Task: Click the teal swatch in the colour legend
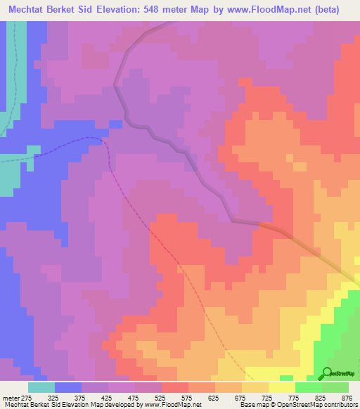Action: (x=41, y=387)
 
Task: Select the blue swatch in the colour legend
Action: (x=68, y=387)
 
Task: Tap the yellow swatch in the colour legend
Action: (x=282, y=387)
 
